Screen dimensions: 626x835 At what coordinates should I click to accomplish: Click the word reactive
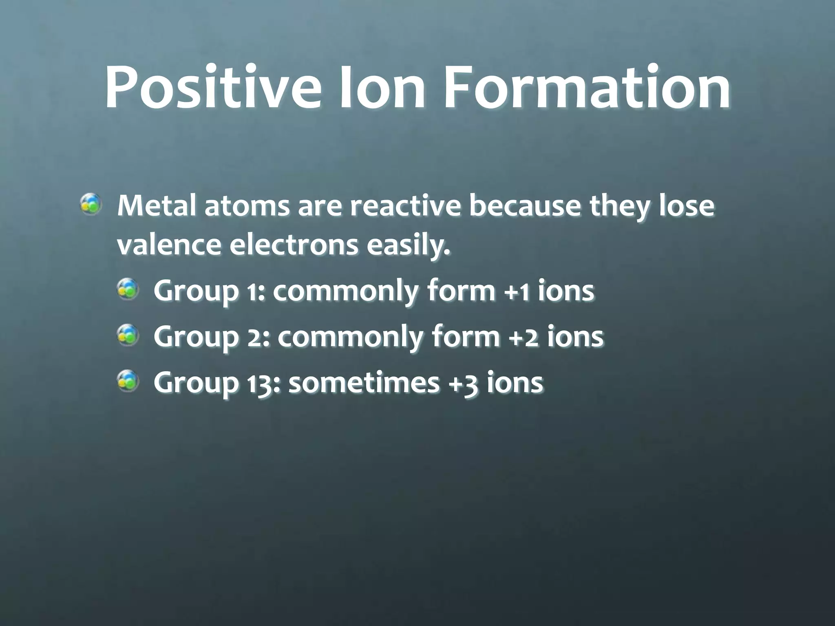tap(404, 206)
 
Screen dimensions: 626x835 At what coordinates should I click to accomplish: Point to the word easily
tap(408, 246)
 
